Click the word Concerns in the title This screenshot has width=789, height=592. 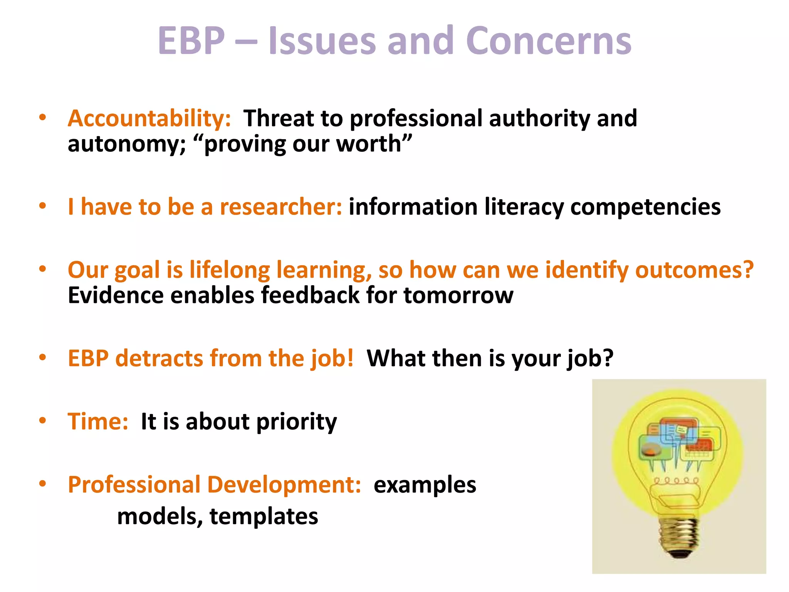click(549, 41)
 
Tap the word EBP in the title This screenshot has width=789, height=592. click(191, 41)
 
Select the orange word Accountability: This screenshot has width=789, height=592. click(149, 118)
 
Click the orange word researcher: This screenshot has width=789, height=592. click(280, 207)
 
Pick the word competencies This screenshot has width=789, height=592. click(645, 207)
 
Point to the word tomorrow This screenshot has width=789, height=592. click(458, 296)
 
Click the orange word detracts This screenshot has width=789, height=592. click(159, 358)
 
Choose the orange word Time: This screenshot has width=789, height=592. click(98, 421)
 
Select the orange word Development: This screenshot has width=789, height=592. click(284, 484)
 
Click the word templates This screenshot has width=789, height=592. click(264, 516)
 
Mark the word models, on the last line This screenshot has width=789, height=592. click(160, 516)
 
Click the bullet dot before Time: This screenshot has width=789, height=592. click(42, 420)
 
